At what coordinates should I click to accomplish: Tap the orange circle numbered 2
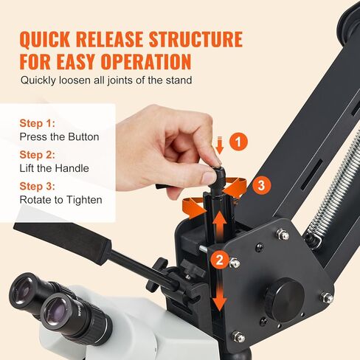[219, 259]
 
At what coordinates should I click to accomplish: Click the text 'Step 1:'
[36, 124]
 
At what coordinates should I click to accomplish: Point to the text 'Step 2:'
[36, 155]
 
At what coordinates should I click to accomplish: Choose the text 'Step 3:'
[36, 186]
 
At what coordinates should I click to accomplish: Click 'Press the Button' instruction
[59, 136]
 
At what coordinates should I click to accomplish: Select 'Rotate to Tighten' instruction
[60, 199]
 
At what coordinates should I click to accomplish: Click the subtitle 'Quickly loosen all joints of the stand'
[106, 80]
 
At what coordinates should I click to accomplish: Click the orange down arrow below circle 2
[219, 295]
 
